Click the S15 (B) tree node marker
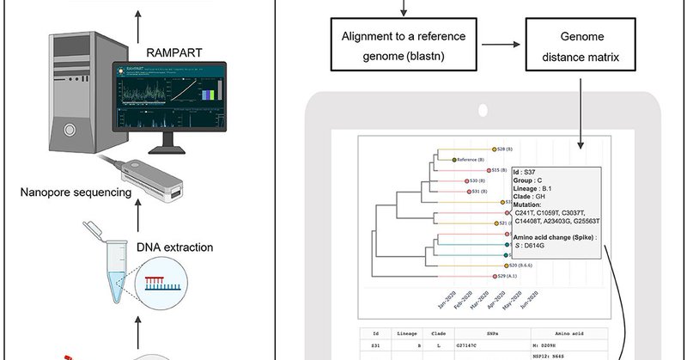point(488,170)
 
